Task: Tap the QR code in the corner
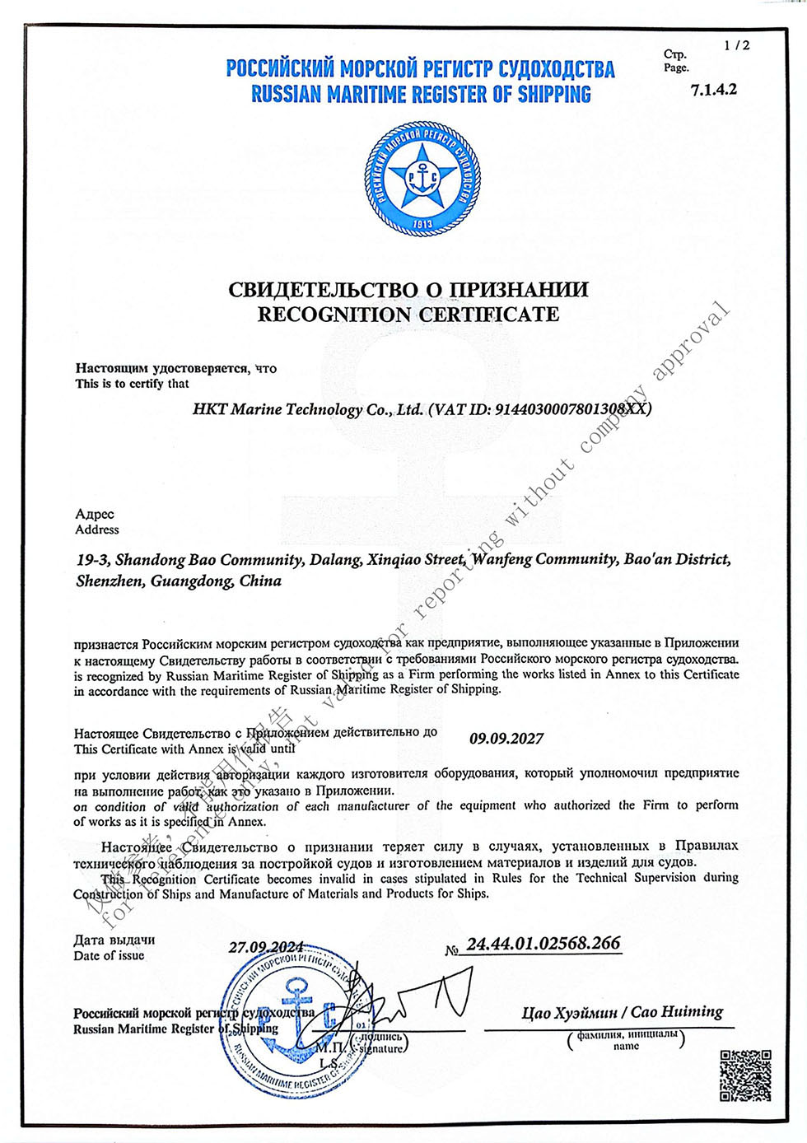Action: tap(745, 1075)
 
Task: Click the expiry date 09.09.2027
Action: tap(506, 739)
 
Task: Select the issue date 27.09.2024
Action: tap(265, 948)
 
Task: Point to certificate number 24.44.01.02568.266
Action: tap(543, 944)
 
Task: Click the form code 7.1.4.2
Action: tap(714, 89)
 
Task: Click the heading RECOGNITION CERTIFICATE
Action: tap(408, 315)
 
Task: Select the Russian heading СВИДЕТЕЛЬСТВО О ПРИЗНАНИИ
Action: tap(408, 289)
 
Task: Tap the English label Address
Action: tap(96, 530)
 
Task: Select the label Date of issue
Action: tap(109, 956)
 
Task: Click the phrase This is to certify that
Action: tap(132, 384)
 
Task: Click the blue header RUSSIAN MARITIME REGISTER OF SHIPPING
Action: tap(421, 95)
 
